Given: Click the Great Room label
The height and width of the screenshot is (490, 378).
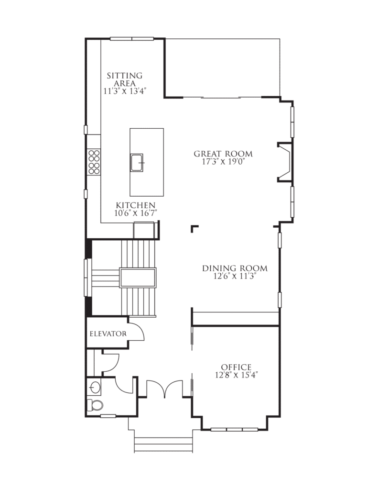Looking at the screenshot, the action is coord(223,154).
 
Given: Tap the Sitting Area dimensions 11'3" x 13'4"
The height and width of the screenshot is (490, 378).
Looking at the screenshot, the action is coord(125,91).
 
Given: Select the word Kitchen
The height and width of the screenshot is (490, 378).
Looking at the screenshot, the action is coord(135,205).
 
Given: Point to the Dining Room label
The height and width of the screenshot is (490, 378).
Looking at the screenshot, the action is coord(235,268).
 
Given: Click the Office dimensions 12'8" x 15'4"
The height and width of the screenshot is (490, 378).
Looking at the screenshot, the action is coord(236,375).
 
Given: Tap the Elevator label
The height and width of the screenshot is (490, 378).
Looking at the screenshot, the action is coord(108,334).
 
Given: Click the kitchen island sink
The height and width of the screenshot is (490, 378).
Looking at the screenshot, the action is coord(137,163).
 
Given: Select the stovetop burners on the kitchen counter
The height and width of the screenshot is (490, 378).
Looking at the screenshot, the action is coord(94,162).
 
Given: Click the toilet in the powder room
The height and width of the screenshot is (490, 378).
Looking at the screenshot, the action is coord(95,405).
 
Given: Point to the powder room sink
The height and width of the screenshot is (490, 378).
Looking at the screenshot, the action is coord(95,388).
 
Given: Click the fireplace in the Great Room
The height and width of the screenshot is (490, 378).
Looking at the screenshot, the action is coord(285,162).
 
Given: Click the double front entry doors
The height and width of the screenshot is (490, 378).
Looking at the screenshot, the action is coord(164,389).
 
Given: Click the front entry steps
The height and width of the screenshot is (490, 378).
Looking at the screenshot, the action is coord(163,445).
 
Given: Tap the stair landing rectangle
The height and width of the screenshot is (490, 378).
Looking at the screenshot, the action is coord(137,277).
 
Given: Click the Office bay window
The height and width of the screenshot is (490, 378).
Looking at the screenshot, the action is coord(235,429).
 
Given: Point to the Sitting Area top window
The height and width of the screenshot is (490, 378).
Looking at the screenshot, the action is coord(132,39).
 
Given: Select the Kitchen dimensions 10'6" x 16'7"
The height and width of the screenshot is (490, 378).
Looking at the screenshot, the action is coord(136,213).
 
